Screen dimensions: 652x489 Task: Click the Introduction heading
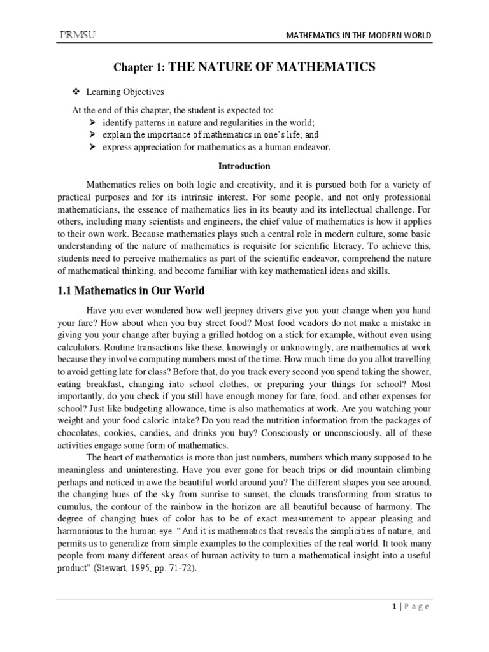pos(244,166)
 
